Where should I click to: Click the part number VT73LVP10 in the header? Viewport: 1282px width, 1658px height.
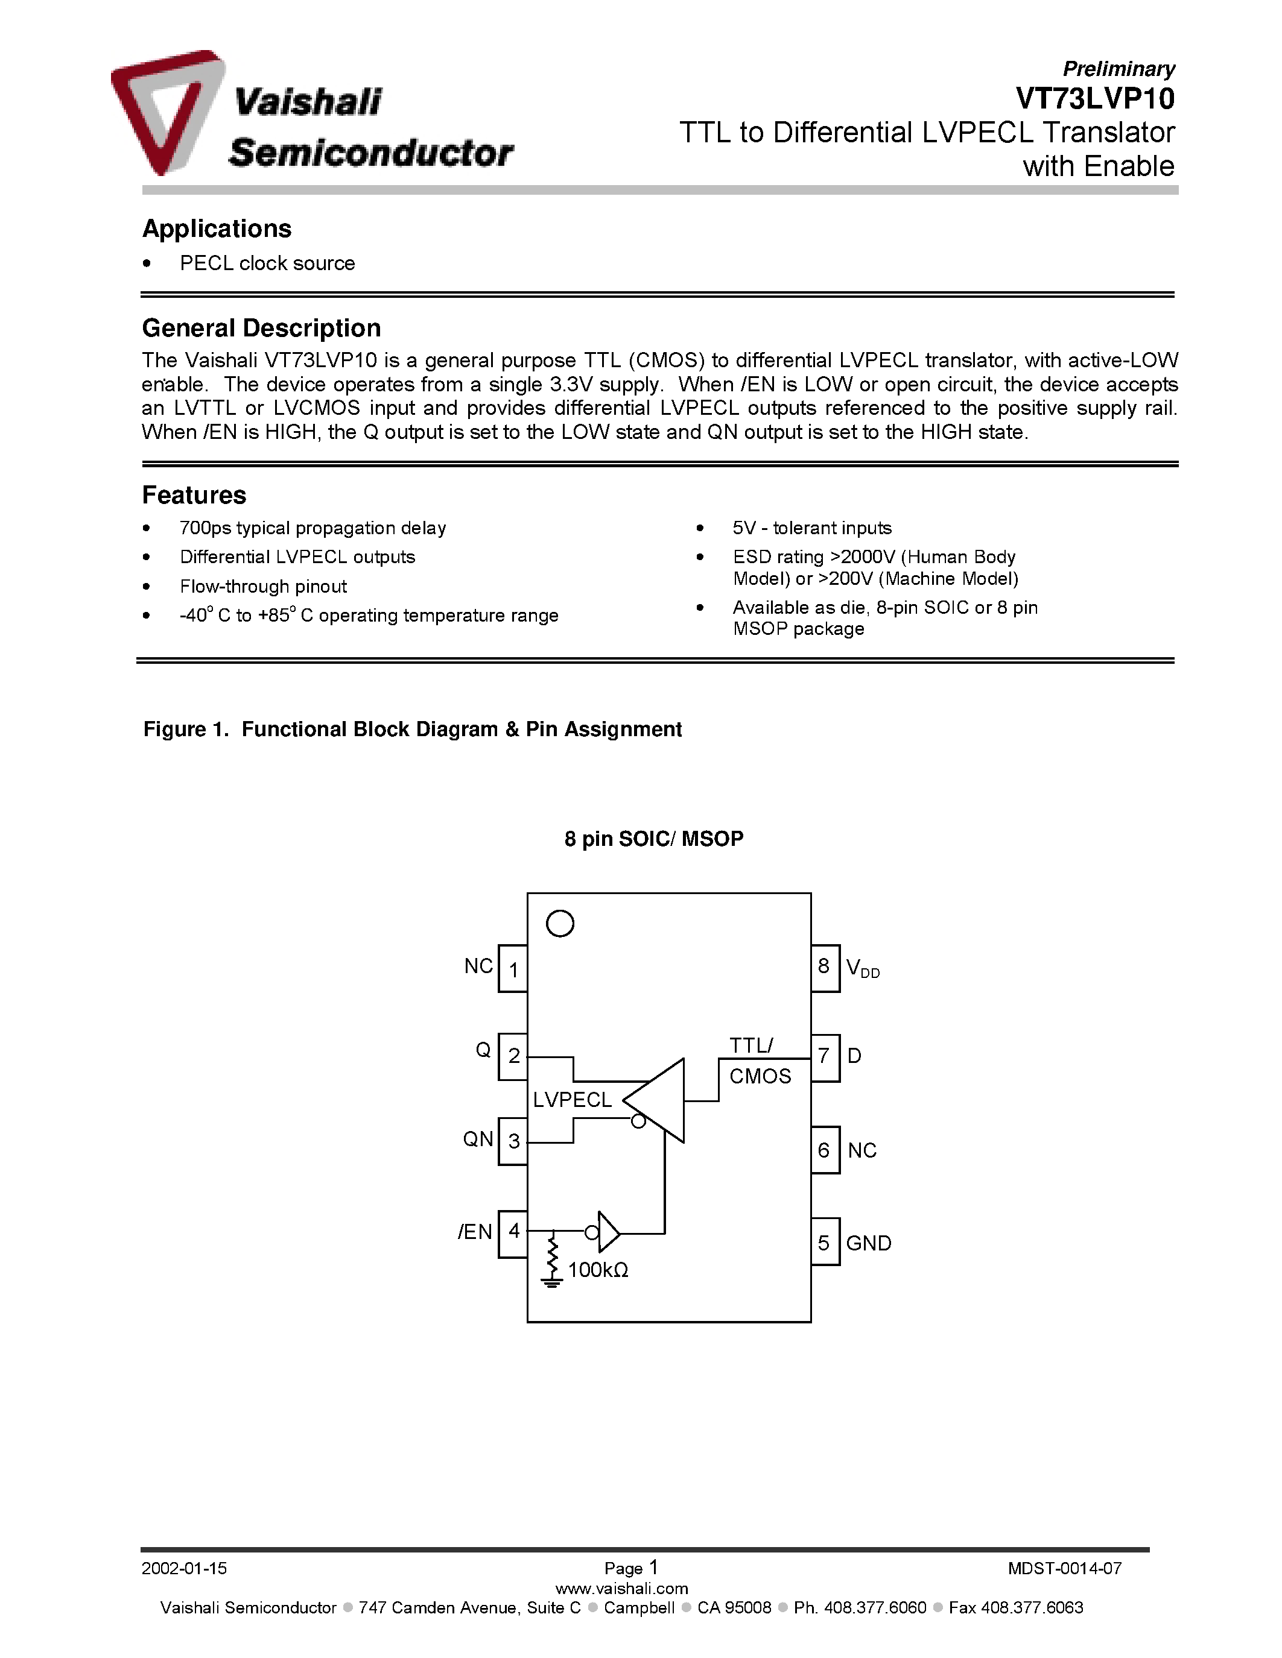1094,99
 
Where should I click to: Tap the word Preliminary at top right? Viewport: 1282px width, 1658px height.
1118,69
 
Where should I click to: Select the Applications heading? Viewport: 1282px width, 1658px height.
217,229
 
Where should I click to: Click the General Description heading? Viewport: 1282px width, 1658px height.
261,328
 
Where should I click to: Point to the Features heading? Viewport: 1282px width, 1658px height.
194,495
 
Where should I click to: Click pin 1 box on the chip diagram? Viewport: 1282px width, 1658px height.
513,969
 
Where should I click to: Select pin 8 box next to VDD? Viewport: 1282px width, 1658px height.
824,967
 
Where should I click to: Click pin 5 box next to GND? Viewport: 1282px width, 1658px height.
824,1243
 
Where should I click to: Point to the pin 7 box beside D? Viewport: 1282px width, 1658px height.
824,1057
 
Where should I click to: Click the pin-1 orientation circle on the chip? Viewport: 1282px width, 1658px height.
560,924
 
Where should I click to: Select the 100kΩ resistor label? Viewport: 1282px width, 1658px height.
598,1270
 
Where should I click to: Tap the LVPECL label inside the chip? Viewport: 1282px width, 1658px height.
572,1100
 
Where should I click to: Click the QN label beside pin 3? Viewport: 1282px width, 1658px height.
478,1139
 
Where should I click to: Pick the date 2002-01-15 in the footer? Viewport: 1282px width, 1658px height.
184,1568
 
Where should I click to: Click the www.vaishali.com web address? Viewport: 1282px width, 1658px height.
621,1589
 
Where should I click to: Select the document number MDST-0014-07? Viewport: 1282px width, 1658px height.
1064,1568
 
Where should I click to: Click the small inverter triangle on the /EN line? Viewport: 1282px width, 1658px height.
608,1231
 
